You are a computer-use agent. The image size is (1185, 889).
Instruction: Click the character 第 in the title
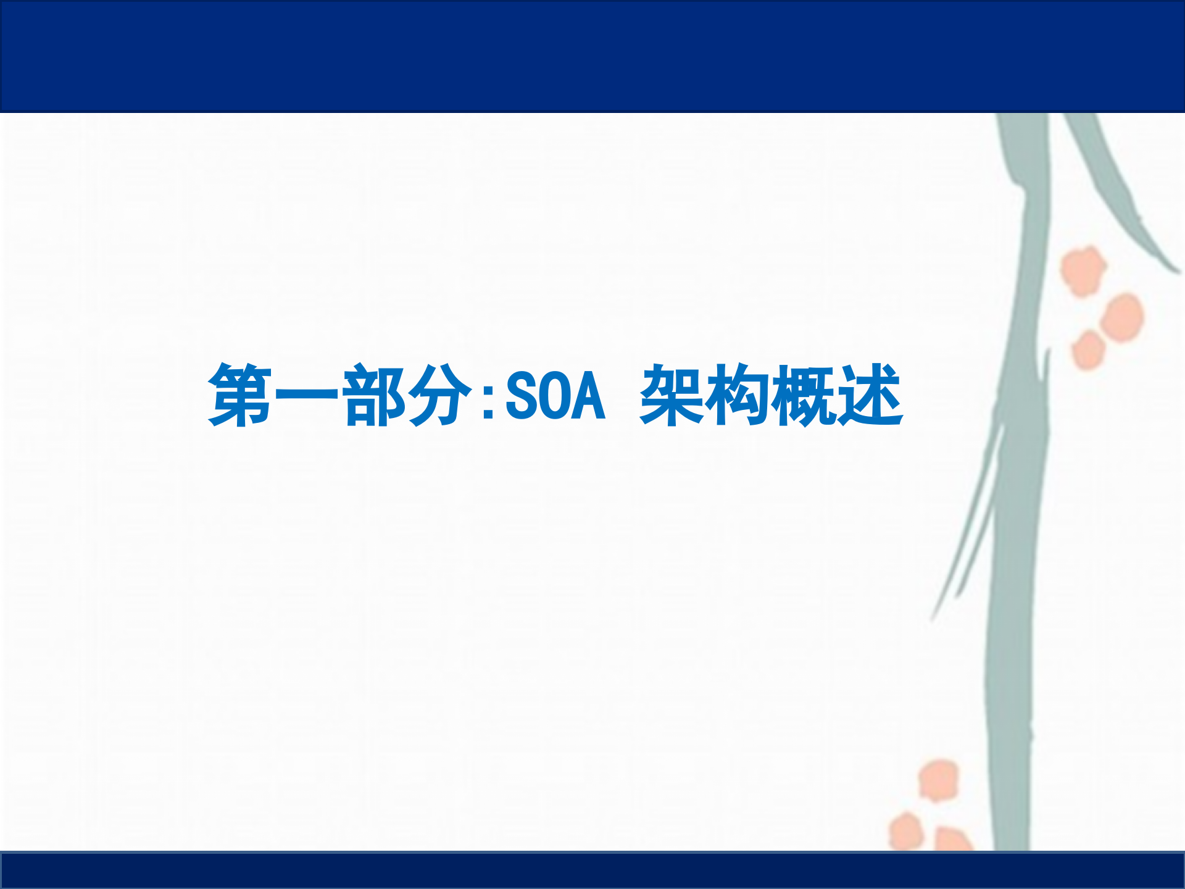[241, 395]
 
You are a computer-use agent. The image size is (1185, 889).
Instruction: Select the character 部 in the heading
[374, 395]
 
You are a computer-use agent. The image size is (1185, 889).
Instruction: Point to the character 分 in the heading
[440, 395]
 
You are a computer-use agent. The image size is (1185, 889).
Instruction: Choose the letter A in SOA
[589, 396]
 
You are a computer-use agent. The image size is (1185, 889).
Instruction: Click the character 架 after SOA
[671, 395]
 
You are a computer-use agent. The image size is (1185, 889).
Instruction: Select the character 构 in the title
[738, 395]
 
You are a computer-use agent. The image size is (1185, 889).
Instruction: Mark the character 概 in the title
[804, 395]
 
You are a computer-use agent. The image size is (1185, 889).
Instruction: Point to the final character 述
[870, 395]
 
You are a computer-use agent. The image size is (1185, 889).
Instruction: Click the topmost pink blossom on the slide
[1083, 270]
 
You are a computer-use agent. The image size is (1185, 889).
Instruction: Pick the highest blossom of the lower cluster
[939, 780]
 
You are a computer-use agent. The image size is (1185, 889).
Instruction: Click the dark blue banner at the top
[592, 56]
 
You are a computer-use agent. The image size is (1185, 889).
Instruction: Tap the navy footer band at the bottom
[592, 870]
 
